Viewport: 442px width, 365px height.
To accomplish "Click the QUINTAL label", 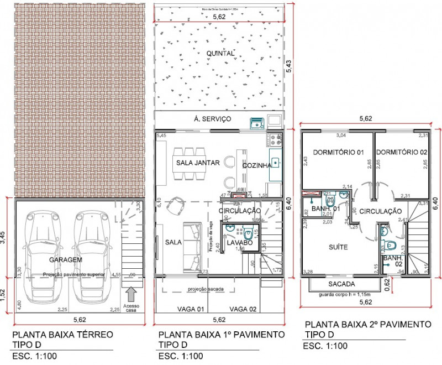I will (220, 54).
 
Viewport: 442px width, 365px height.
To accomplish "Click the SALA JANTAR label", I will (198, 163).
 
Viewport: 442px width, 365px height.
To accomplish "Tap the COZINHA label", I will (256, 165).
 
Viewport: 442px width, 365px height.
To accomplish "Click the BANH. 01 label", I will (325, 208).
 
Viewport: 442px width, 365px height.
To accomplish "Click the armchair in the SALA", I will (177, 206).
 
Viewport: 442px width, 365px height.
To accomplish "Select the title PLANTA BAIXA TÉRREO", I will (62, 335).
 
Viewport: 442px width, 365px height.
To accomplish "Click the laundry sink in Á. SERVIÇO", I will (255, 122).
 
